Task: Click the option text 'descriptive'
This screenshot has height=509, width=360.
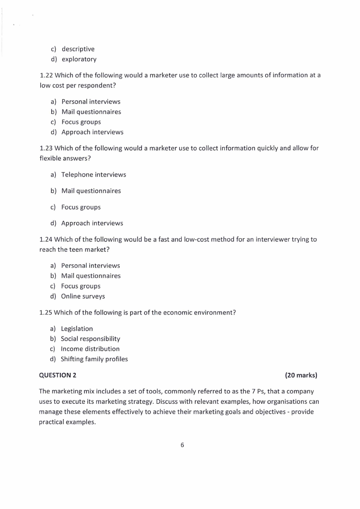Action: tap(78, 49)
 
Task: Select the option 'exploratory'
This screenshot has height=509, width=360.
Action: tap(78, 59)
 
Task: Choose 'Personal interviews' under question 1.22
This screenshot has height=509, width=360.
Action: tap(91, 102)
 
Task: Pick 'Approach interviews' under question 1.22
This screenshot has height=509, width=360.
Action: tap(92, 132)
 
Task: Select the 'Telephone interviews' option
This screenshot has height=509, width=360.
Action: tap(93, 175)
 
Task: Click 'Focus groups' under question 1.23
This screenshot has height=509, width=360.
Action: tap(81, 207)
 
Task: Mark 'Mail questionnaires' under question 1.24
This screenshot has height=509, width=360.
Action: tap(91, 276)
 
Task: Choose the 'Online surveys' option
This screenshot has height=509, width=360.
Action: tap(83, 296)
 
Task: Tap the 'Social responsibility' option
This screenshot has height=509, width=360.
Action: tap(90, 339)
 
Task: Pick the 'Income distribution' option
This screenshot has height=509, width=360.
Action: tap(90, 349)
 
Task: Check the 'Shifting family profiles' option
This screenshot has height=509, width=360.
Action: tap(94, 359)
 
